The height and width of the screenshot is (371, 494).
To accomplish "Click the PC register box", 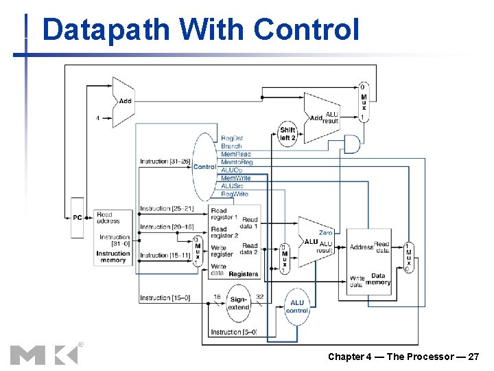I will pyautogui.click(x=78, y=217).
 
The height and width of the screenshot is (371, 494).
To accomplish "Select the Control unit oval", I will pyautogui.click(x=204, y=166).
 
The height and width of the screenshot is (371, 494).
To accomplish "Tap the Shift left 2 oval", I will pyautogui.click(x=287, y=133).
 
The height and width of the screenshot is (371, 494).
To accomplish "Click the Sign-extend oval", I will pyautogui.click(x=238, y=303).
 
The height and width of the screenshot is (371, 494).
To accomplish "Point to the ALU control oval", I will pyautogui.click(x=297, y=306).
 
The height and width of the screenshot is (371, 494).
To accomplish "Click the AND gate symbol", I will pyautogui.click(x=351, y=144).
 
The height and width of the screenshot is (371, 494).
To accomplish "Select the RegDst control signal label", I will pyautogui.click(x=232, y=138).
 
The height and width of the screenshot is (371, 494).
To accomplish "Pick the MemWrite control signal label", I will pyautogui.click(x=235, y=178).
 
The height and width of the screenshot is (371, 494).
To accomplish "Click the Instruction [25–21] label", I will pyautogui.click(x=167, y=208).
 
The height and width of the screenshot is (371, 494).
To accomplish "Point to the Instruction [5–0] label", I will pyautogui.click(x=234, y=332).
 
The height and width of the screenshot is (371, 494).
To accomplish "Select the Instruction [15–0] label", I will pyautogui.click(x=165, y=297).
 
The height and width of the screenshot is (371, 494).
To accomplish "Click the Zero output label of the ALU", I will pyautogui.click(x=325, y=233).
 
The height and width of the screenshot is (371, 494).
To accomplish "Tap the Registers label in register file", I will pyautogui.click(x=244, y=273).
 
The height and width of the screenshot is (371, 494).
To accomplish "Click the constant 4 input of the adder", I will pyautogui.click(x=97, y=117).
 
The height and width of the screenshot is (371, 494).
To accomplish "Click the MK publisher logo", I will pyautogui.click(x=45, y=354).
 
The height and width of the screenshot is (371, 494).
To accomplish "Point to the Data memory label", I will pyautogui.click(x=378, y=278).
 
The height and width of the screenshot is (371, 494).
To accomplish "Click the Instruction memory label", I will pyautogui.click(x=113, y=257).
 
